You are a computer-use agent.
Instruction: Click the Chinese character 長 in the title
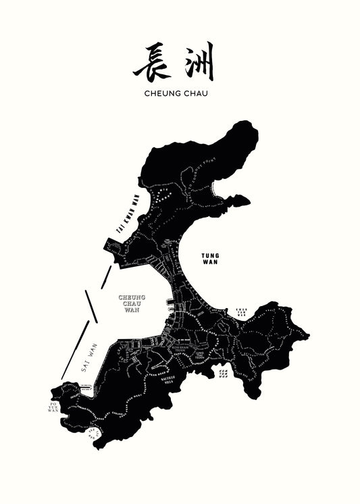[x=151, y=63]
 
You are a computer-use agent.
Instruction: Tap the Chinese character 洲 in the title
[x=197, y=62]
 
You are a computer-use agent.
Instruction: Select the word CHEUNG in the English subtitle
[x=162, y=93]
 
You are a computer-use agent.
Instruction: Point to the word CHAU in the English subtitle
[x=195, y=93]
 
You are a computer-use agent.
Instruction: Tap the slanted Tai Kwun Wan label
[x=130, y=215]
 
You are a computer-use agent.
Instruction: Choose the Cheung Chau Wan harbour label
[x=132, y=303]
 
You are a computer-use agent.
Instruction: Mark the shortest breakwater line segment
[x=107, y=273]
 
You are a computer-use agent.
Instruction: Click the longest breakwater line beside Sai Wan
[x=75, y=349]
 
